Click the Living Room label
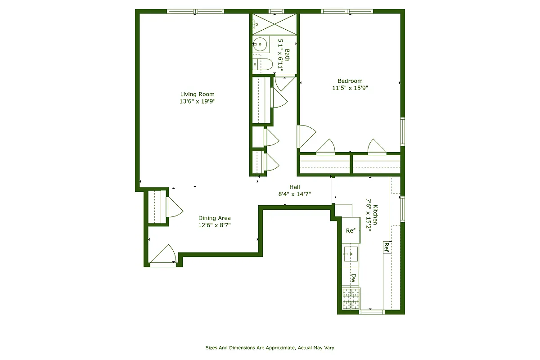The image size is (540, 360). tap(197, 94)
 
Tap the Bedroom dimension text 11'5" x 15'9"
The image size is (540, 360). tap(350, 88)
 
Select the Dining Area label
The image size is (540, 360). tap(214, 218)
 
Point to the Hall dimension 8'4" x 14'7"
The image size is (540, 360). tap(294, 194)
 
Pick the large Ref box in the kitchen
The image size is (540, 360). tap(351, 230)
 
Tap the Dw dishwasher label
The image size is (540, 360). tap(354, 278)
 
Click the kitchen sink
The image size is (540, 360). tap(351, 254)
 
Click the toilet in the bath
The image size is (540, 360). tap(262, 64)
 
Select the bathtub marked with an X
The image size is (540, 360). tap(274, 24)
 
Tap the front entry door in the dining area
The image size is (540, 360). tap(163, 255)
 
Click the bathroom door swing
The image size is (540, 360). tap(284, 83)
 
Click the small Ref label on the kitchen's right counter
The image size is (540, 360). tap(387, 247)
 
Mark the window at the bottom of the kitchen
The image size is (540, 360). tap(371, 311)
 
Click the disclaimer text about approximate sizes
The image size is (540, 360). tap(270, 348)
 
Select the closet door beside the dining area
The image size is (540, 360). tap(174, 207)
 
